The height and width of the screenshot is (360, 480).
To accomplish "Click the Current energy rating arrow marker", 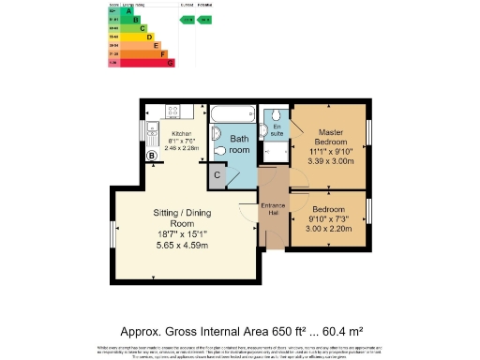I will (x=187, y=19).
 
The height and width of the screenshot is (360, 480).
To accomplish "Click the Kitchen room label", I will (x=181, y=133).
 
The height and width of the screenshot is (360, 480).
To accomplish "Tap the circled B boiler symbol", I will (x=152, y=156).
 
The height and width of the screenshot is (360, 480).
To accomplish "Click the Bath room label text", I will (x=240, y=144).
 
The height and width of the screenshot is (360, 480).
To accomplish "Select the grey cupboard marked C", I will (x=217, y=174).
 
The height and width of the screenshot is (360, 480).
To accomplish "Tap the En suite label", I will (x=277, y=131).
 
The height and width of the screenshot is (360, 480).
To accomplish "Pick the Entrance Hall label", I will (x=273, y=210).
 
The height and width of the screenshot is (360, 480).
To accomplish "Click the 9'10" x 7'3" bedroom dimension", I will (x=329, y=219).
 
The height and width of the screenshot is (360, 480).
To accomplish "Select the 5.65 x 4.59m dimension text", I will (x=184, y=246).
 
